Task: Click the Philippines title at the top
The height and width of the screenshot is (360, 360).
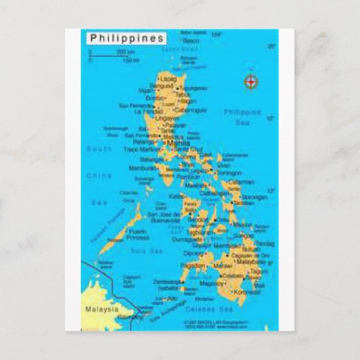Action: [x=126, y=38]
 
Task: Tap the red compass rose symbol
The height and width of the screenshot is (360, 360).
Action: [x=251, y=83]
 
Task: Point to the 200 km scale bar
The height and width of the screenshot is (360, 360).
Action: [x=112, y=54]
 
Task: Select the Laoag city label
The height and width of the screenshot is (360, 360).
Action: [x=167, y=79]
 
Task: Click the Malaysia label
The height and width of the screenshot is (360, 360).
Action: [x=102, y=309]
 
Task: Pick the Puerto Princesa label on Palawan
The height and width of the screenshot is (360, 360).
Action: [x=138, y=234]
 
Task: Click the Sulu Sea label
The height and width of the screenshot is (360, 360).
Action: [x=147, y=251]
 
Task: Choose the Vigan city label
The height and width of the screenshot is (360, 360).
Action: [x=146, y=90]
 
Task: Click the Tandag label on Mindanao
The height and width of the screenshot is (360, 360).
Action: [x=265, y=243]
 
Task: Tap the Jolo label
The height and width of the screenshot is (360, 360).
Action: [x=171, y=298]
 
